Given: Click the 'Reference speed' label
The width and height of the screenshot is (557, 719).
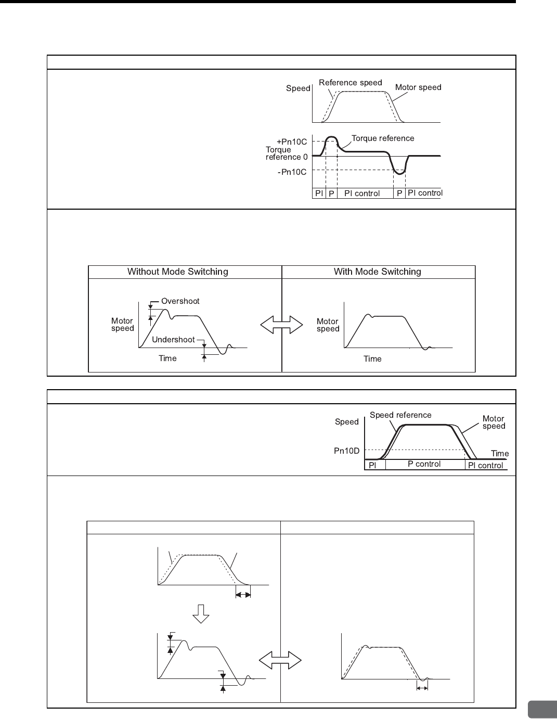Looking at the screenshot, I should (x=350, y=83).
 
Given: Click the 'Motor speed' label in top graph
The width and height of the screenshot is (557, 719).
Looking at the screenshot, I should (x=418, y=87).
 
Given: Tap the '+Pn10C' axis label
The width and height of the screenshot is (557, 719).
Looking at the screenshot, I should (x=292, y=142).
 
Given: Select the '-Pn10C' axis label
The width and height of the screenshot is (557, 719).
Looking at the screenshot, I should (x=292, y=172).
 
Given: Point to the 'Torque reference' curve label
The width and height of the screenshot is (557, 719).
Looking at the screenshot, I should (x=383, y=138).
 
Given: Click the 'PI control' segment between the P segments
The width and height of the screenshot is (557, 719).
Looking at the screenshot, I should (x=362, y=194).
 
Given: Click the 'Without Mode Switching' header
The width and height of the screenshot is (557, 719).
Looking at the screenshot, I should (x=178, y=272).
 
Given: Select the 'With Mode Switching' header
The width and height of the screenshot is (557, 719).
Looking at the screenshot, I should (x=377, y=272).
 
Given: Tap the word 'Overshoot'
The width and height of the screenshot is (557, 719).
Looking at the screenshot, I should (x=180, y=301).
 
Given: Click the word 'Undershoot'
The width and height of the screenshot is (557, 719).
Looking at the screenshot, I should (x=173, y=340).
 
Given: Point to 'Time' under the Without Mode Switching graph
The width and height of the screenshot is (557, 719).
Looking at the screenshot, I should (x=167, y=358).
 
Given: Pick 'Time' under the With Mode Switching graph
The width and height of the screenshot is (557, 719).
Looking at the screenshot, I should (x=372, y=359).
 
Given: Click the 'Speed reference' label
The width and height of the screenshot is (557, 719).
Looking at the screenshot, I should (x=400, y=415).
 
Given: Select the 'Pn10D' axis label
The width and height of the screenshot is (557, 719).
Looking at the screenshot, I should (x=346, y=451).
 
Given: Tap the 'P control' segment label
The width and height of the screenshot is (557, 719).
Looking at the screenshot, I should (x=424, y=464).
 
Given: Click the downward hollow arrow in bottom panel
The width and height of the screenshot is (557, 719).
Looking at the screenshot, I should (x=201, y=614).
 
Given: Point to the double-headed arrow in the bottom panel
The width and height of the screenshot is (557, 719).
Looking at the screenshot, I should (x=280, y=661).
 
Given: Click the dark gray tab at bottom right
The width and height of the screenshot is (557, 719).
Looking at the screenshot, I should (x=542, y=709).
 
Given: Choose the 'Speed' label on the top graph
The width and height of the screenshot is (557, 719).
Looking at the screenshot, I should (x=298, y=88).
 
